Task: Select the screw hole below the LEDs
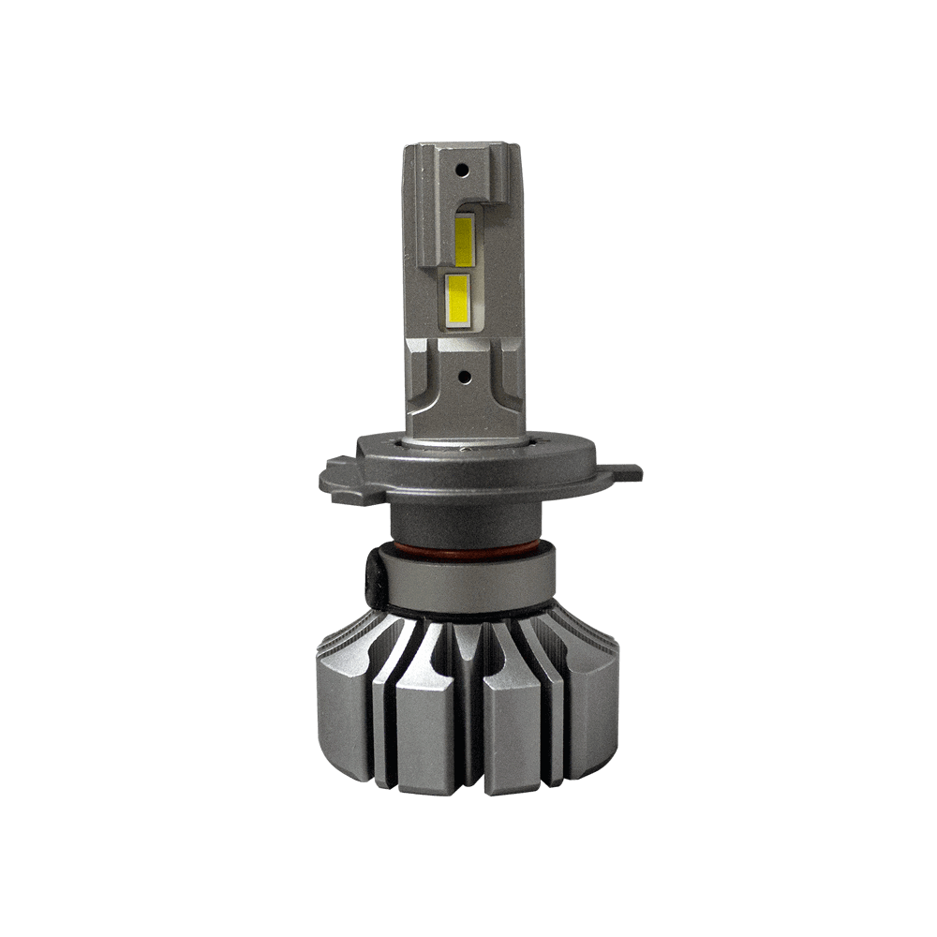[x=462, y=376]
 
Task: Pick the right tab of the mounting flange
[x=622, y=471]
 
